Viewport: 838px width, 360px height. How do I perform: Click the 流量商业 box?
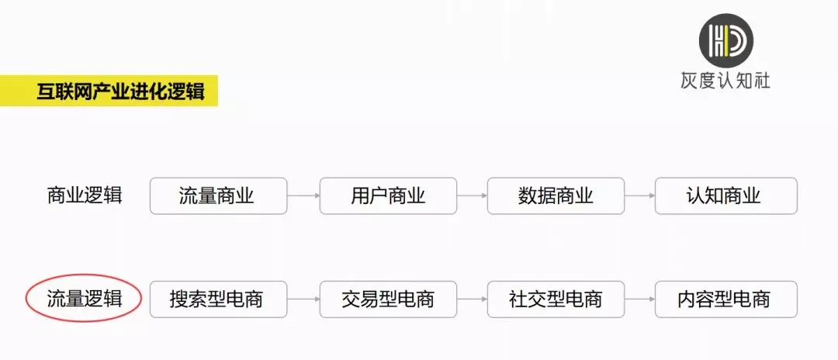point(218,196)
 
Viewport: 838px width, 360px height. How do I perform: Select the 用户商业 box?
point(388,196)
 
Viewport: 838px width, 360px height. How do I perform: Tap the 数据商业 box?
point(556,196)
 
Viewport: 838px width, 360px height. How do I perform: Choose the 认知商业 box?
point(725,196)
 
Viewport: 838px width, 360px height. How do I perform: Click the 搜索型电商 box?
point(218,299)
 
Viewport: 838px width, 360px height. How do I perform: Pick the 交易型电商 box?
point(388,299)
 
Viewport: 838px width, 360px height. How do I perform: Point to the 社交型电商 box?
point(556,299)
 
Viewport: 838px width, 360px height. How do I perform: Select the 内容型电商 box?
point(725,299)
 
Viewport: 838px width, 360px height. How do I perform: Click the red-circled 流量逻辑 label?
point(84,299)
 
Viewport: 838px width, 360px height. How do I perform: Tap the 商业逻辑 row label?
point(85,196)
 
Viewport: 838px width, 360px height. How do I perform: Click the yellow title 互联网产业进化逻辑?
point(120,91)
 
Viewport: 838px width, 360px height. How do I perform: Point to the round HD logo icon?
point(726,40)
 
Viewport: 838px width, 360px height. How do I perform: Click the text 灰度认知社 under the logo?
point(725,81)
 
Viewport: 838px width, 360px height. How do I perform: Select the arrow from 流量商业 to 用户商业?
point(303,196)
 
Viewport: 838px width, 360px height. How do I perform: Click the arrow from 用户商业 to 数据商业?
point(473,196)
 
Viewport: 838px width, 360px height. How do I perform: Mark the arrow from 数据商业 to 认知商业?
point(639,196)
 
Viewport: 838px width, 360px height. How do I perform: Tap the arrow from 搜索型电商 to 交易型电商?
point(303,299)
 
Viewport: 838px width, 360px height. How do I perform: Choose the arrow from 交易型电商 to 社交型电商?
point(473,299)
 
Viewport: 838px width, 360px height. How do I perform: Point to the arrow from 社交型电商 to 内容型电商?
point(639,299)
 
